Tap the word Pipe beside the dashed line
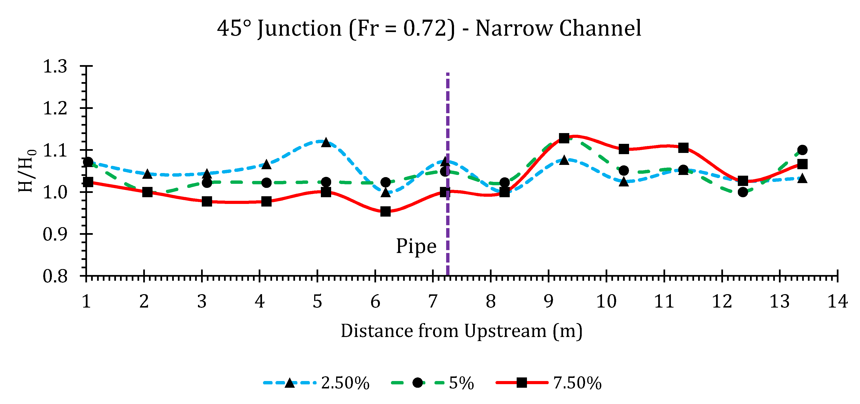(x=416, y=247)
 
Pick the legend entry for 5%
(x=433, y=383)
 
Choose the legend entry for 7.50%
(x=549, y=383)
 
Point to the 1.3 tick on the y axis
(x=55, y=67)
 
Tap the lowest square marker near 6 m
(x=385, y=212)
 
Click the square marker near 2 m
(x=147, y=192)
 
